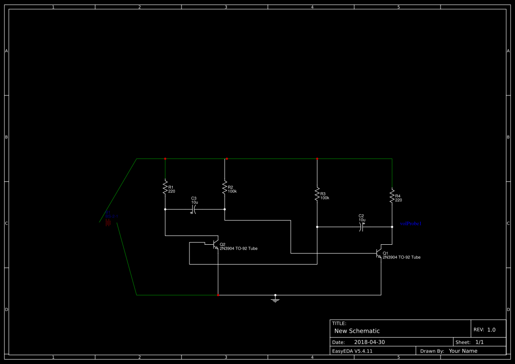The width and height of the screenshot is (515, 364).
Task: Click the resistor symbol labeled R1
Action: (165, 188)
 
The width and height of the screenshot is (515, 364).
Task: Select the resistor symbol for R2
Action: (225, 188)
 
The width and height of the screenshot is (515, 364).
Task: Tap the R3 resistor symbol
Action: (317, 194)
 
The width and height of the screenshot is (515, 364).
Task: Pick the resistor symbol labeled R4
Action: (392, 196)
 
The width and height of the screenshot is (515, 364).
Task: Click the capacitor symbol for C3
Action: (194, 210)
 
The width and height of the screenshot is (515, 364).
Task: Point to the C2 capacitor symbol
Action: (361, 227)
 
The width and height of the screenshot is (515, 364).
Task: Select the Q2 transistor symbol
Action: (215, 245)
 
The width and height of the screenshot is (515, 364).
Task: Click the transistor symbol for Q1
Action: (378, 253)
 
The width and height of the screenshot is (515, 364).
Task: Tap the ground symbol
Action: (275, 299)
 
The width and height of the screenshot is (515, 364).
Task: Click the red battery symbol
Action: (107, 223)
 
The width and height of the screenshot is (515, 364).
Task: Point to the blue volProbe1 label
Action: (411, 224)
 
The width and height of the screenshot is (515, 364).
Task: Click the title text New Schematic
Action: (357, 331)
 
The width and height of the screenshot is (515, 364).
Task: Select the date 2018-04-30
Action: (369, 342)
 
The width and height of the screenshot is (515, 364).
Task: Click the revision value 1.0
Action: (491, 330)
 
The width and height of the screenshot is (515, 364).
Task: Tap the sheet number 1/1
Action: (479, 342)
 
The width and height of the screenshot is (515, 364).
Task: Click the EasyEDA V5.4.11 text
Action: (352, 351)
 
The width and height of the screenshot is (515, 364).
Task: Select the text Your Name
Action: (463, 351)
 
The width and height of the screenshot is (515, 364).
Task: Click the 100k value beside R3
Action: (325, 198)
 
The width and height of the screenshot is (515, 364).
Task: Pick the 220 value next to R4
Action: (398, 200)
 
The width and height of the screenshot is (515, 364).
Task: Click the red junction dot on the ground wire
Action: (218, 295)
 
